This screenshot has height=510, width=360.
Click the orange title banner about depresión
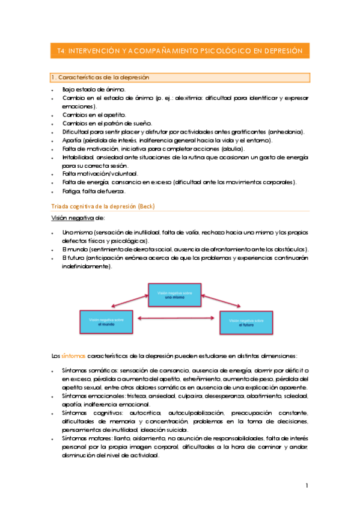click(179, 52)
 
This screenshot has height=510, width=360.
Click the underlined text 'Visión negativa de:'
click(75, 218)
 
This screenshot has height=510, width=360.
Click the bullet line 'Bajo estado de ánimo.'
click(93, 89)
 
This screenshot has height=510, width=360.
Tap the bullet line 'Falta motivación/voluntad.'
click(99, 174)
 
